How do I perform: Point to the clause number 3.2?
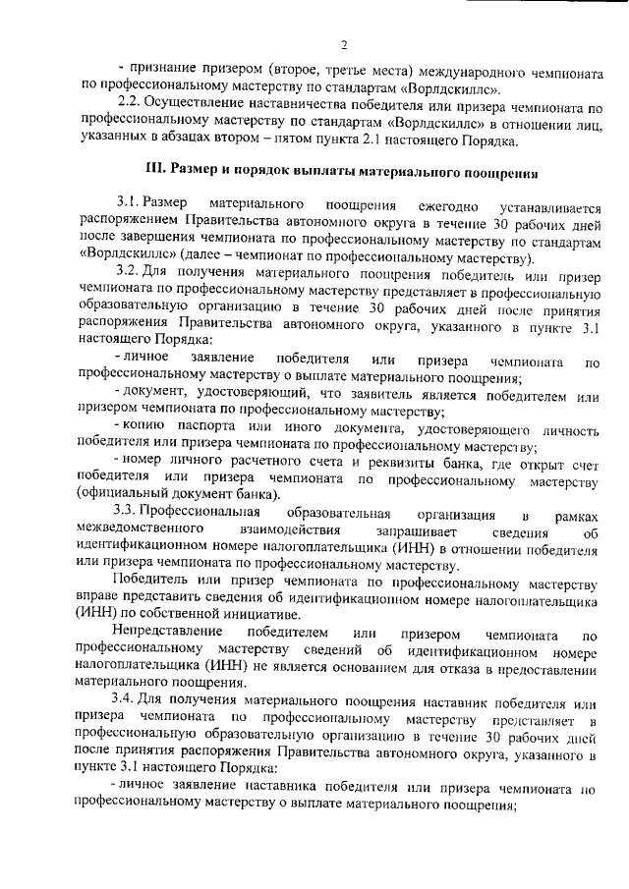[130, 269]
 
